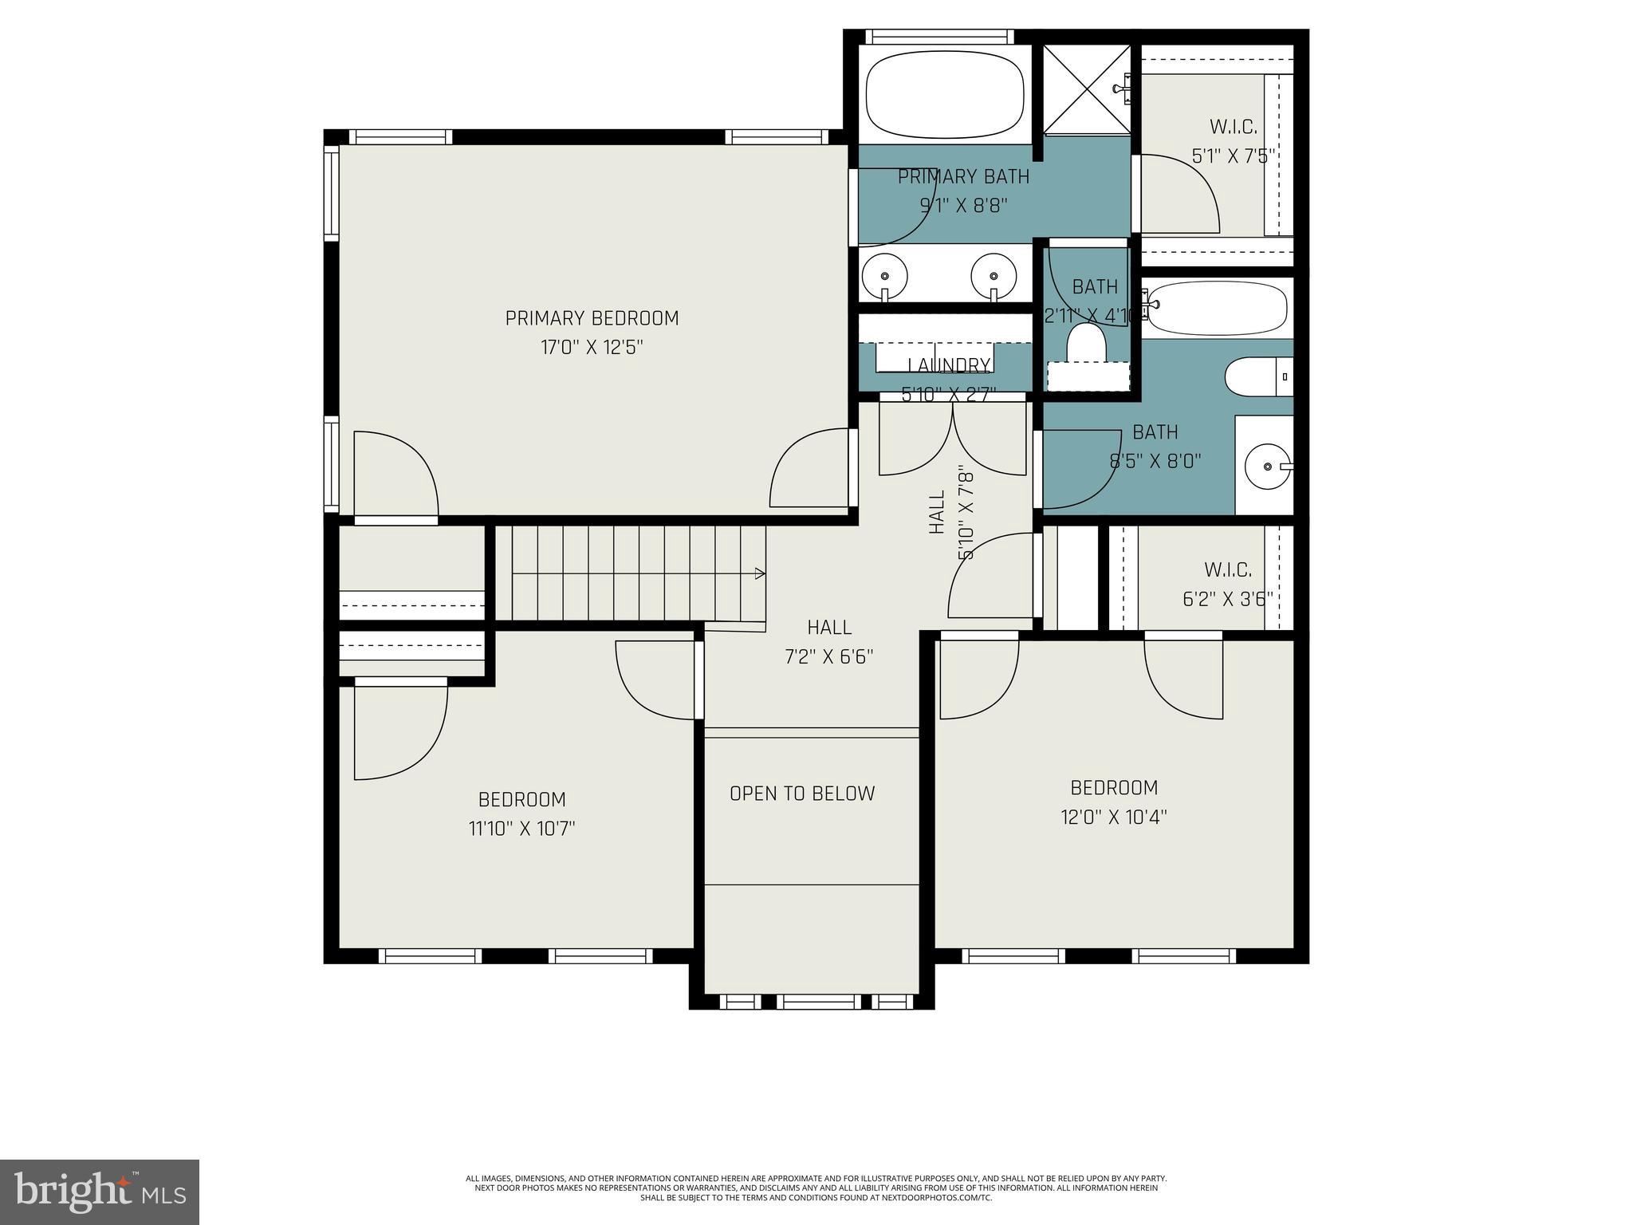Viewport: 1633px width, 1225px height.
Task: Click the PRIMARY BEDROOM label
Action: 592,318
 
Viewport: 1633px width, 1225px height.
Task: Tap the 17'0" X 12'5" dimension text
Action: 592,348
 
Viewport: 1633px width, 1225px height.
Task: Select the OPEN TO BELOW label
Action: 802,794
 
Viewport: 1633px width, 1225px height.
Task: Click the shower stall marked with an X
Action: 1087,89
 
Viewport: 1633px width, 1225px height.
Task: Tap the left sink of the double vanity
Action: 885,275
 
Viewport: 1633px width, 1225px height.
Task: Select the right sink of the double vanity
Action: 994,275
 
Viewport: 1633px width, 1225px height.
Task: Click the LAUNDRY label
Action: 949,365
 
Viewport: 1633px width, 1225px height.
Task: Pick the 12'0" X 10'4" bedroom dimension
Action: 1114,817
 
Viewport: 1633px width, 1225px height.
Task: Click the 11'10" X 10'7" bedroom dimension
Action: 522,829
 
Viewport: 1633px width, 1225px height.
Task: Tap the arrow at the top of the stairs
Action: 760,573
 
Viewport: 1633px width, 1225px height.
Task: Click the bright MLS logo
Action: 100,1192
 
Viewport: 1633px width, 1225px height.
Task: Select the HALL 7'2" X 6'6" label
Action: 829,642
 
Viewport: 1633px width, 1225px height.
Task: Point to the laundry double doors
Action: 953,439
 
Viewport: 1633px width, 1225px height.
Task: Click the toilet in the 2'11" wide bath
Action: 1087,343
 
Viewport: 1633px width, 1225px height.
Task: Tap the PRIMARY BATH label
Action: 963,176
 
